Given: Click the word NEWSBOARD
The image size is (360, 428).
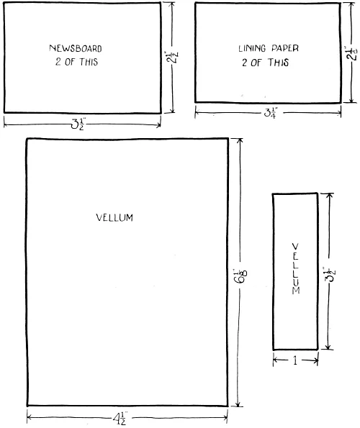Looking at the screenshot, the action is (76, 48).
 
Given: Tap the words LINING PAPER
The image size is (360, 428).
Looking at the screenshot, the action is (269, 48).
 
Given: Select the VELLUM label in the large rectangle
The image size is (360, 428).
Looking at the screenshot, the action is (114, 217).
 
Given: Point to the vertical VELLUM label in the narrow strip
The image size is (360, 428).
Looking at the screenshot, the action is (296, 268).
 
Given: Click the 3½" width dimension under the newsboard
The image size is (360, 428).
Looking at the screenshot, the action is (78, 124).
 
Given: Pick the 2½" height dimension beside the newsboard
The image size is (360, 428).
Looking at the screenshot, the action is (172, 57).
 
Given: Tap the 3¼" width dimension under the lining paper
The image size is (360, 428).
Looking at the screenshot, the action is (271, 112).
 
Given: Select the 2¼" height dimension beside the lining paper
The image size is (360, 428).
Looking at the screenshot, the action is (351, 53).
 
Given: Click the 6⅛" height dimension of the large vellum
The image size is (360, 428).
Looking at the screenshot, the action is (240, 276).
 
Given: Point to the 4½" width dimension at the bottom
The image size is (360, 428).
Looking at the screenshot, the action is (120, 418).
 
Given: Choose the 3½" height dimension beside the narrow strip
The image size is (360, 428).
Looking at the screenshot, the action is (330, 274).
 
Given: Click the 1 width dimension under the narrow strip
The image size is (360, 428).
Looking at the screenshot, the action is (295, 361).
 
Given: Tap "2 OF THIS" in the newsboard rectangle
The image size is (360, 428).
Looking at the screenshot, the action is (76, 62).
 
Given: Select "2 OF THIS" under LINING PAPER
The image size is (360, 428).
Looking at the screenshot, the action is (265, 63).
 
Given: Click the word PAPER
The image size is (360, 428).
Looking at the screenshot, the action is (285, 48).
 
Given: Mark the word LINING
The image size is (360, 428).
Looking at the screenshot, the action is (252, 48).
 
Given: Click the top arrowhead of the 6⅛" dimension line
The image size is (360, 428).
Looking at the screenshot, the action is (240, 140).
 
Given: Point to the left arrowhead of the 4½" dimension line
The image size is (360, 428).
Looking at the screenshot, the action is (28, 417).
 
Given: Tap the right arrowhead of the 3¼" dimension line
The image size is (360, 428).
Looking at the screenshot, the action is (340, 113).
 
